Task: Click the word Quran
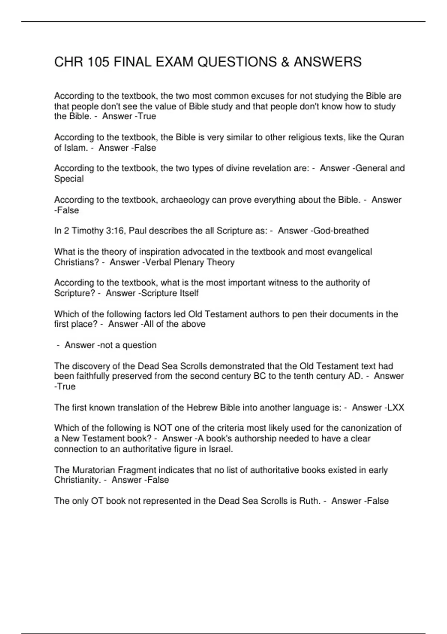click(x=391, y=137)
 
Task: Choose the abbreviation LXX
click(x=396, y=407)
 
